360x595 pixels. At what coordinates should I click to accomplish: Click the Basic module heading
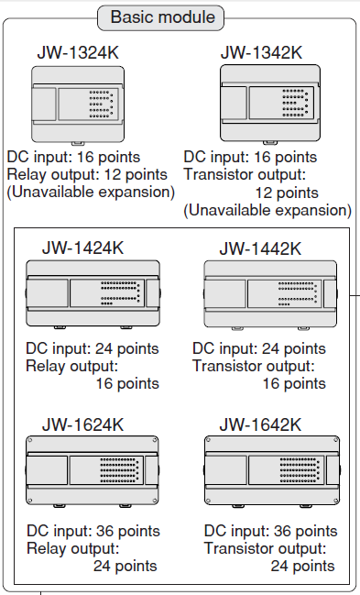click(x=162, y=17)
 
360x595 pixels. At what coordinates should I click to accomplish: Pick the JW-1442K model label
click(x=260, y=248)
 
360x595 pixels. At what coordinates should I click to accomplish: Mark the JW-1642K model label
click(x=260, y=424)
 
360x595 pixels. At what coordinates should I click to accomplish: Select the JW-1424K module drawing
click(x=92, y=294)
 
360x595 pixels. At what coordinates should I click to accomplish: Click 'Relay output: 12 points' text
click(x=87, y=174)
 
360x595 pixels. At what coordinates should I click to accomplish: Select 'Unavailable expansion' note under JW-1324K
click(x=91, y=193)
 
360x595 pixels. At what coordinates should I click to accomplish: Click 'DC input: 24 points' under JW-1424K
click(x=93, y=348)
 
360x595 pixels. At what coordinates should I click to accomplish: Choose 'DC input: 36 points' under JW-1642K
click(x=271, y=531)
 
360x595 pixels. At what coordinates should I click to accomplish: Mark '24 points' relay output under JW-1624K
click(x=125, y=566)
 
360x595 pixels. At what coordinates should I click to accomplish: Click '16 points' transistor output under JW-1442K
click(x=294, y=383)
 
